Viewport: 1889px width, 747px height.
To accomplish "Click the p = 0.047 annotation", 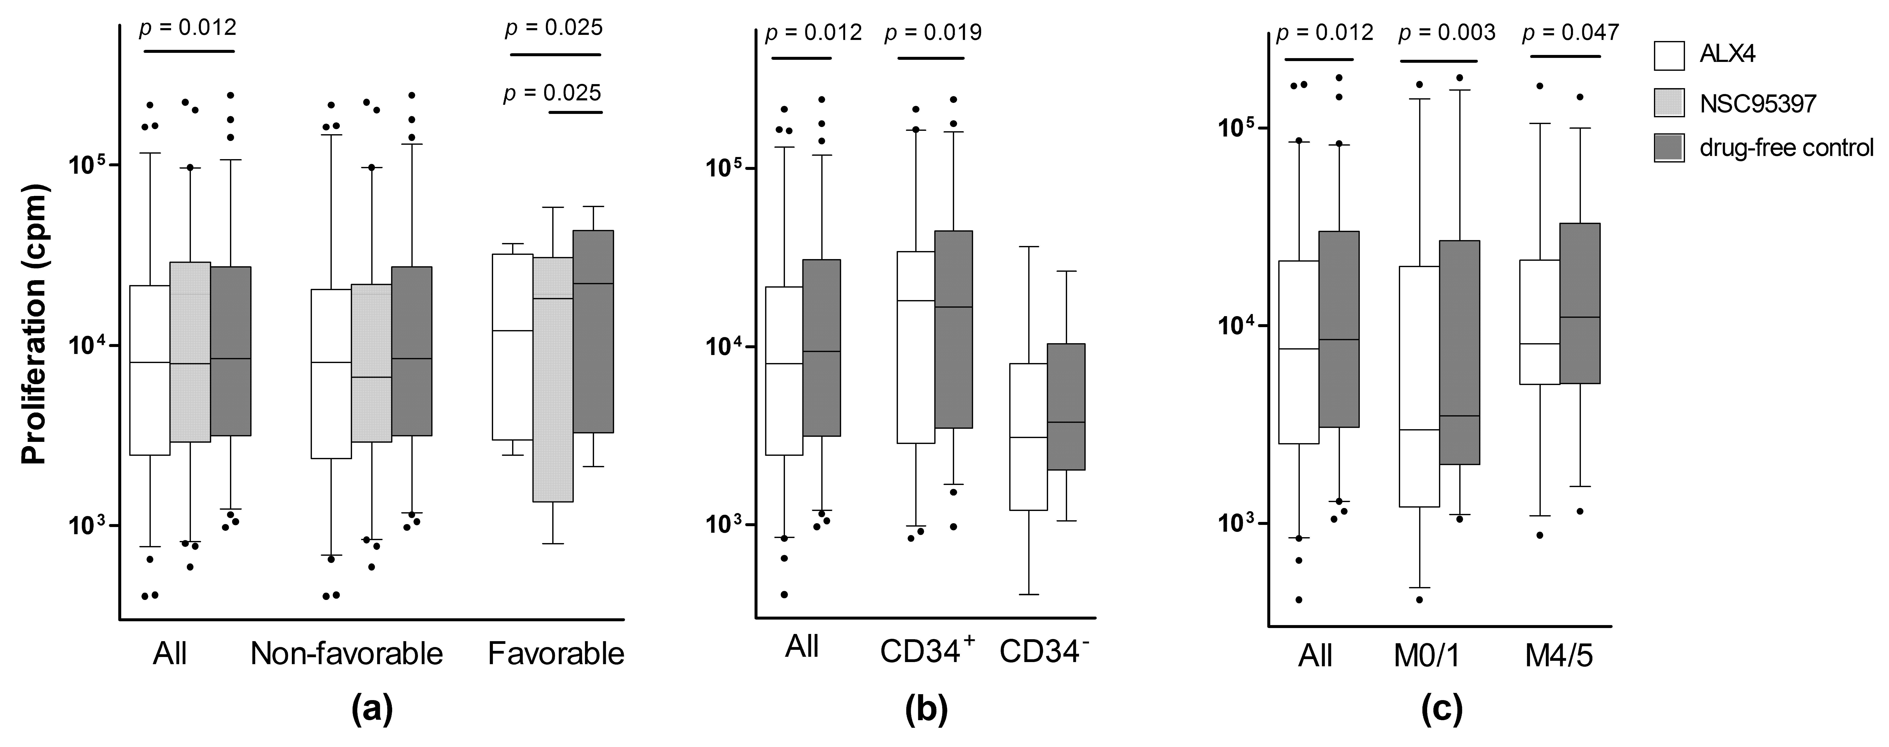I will [1571, 33].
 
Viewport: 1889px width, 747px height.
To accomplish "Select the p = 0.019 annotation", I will [933, 33].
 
